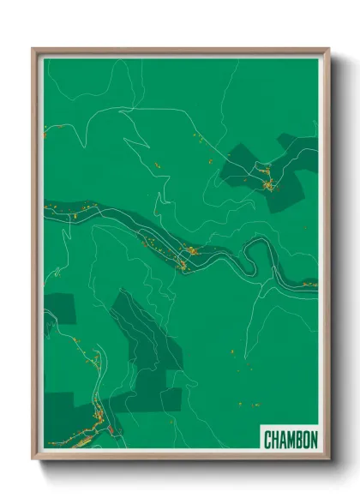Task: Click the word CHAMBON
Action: tap(291, 440)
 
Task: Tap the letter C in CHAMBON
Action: tap(267, 440)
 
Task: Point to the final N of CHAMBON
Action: tap(314, 440)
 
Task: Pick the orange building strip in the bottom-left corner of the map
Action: tap(81, 429)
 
